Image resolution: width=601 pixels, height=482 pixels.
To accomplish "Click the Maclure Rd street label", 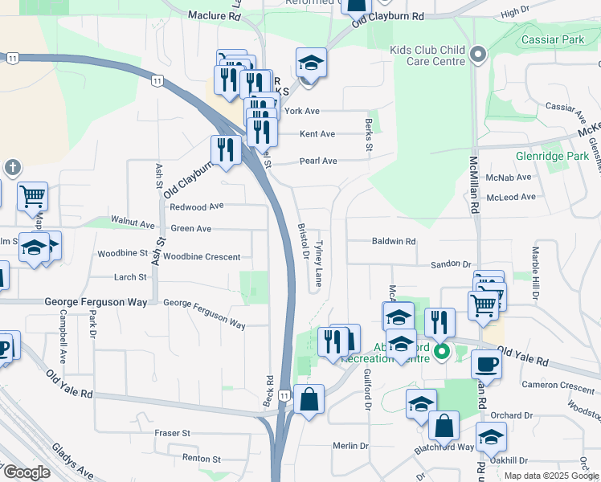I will (214, 15).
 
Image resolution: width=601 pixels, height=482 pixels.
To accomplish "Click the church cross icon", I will (12, 167).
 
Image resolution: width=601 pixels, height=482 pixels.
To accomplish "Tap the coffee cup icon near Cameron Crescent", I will (486, 364).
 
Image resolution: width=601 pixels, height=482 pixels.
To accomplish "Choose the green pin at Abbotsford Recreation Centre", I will (441, 351).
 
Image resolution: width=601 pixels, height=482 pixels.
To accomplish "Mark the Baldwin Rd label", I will (394, 241).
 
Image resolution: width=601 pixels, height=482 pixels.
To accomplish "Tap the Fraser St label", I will (172, 433).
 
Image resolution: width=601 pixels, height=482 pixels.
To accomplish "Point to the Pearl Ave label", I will (317, 161).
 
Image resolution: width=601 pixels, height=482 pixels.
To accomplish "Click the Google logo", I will (26, 473).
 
